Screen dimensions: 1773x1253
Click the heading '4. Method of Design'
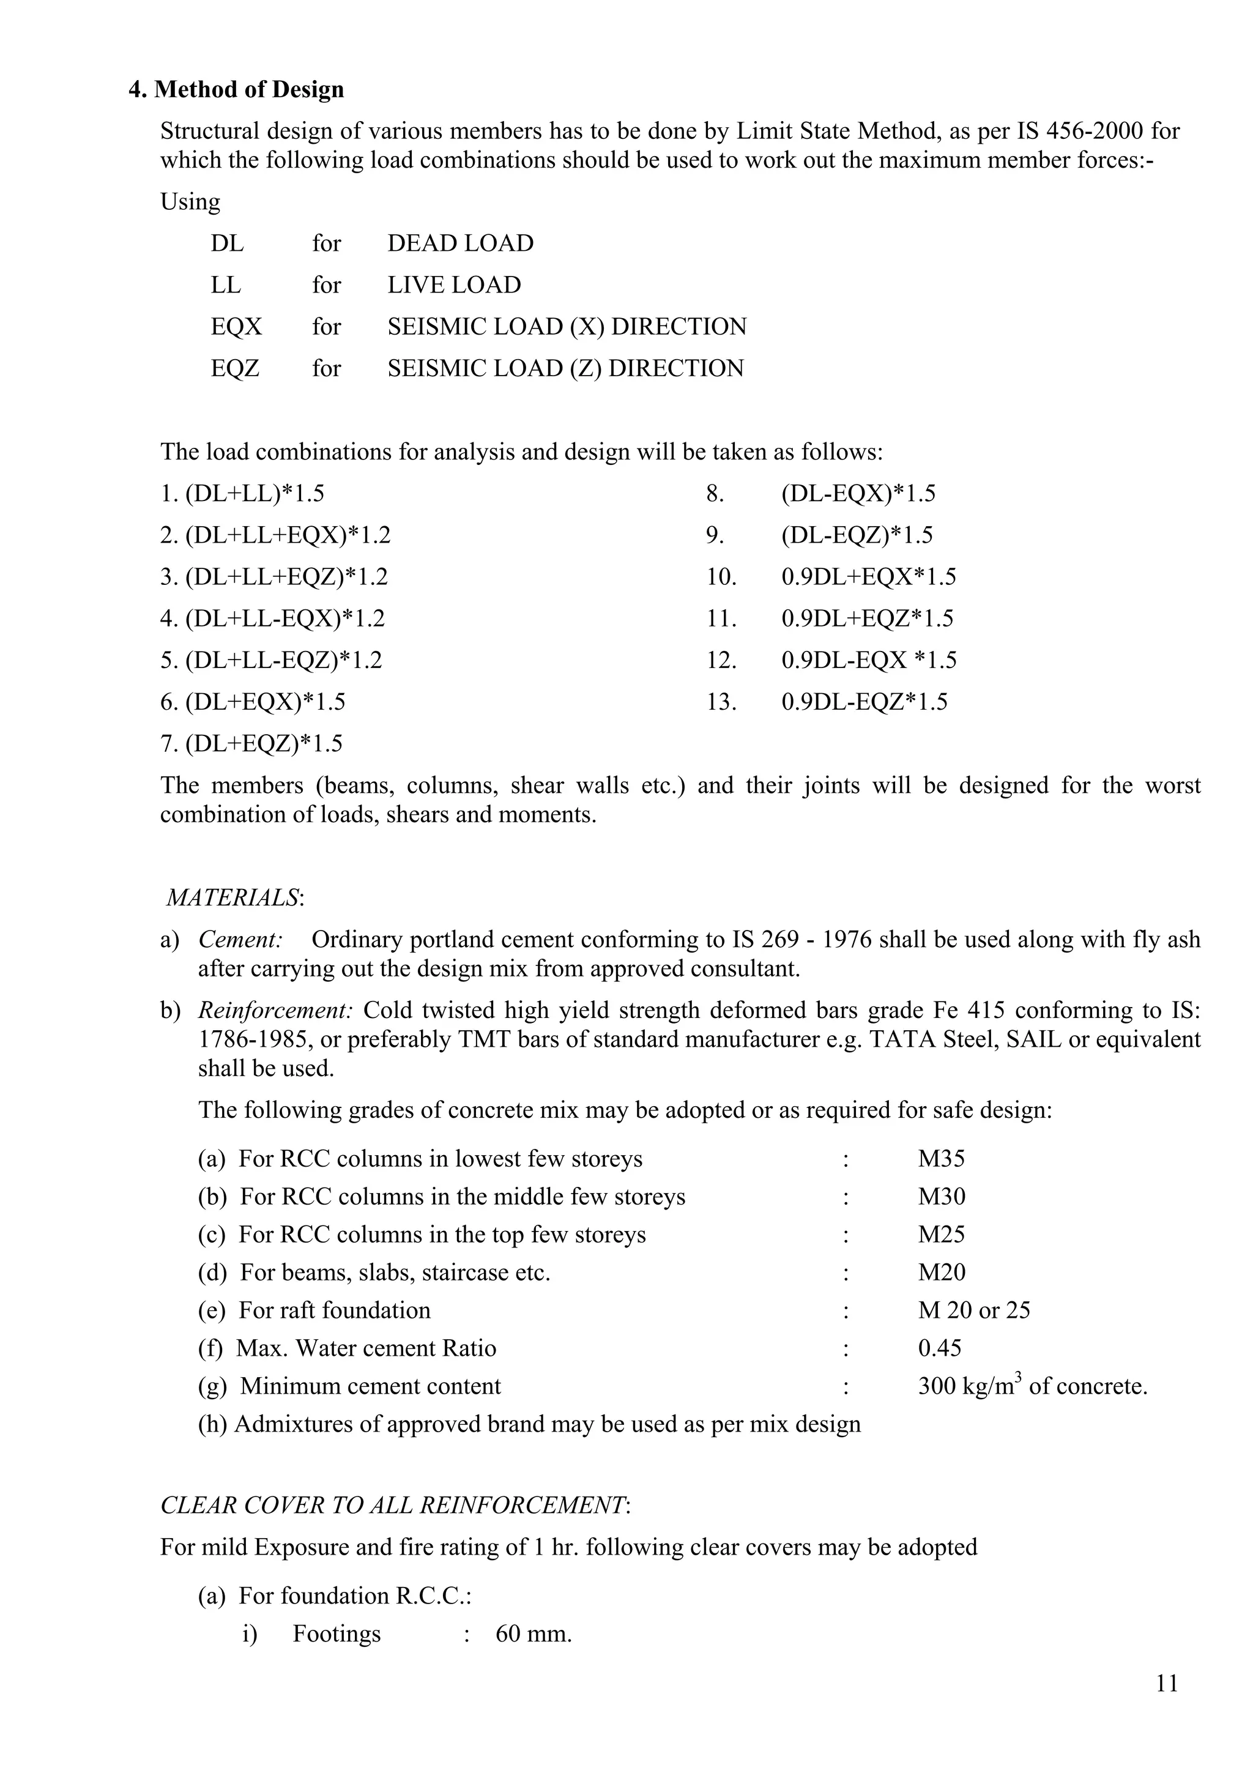tap(236, 89)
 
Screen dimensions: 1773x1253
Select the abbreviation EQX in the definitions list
tap(236, 327)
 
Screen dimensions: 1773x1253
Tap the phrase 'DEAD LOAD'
tap(460, 243)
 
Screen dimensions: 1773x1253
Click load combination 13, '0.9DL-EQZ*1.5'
tap(864, 702)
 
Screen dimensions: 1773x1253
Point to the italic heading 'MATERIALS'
tap(233, 898)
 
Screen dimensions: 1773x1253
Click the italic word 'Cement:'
tap(240, 940)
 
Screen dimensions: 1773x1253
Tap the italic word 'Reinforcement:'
tap(275, 1010)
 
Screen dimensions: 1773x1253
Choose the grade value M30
tap(941, 1196)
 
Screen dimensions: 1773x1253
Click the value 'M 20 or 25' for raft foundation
tap(973, 1310)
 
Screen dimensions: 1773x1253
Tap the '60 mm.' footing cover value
tap(534, 1634)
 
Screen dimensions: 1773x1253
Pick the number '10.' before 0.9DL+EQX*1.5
tap(722, 577)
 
